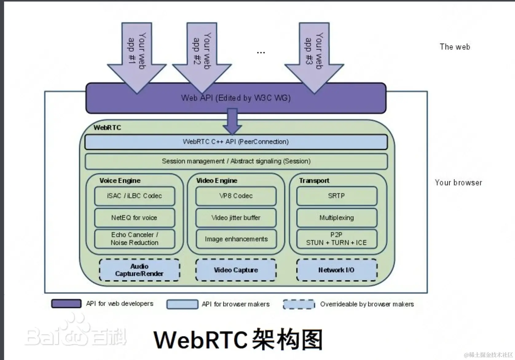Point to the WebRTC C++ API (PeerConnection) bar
(x=236, y=142)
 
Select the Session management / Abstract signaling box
(x=236, y=161)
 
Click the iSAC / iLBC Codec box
(x=135, y=196)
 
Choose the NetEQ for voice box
(x=135, y=218)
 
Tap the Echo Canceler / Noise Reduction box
(x=135, y=239)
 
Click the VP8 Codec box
(x=236, y=196)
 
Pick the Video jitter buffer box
(x=236, y=218)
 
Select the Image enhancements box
(x=236, y=239)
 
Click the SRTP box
(x=336, y=196)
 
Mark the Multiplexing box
(x=336, y=218)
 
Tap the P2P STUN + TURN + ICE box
(x=336, y=239)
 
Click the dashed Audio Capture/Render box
(x=139, y=270)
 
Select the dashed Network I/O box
(x=336, y=270)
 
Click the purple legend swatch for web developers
(x=66, y=303)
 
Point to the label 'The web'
(x=455, y=47)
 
